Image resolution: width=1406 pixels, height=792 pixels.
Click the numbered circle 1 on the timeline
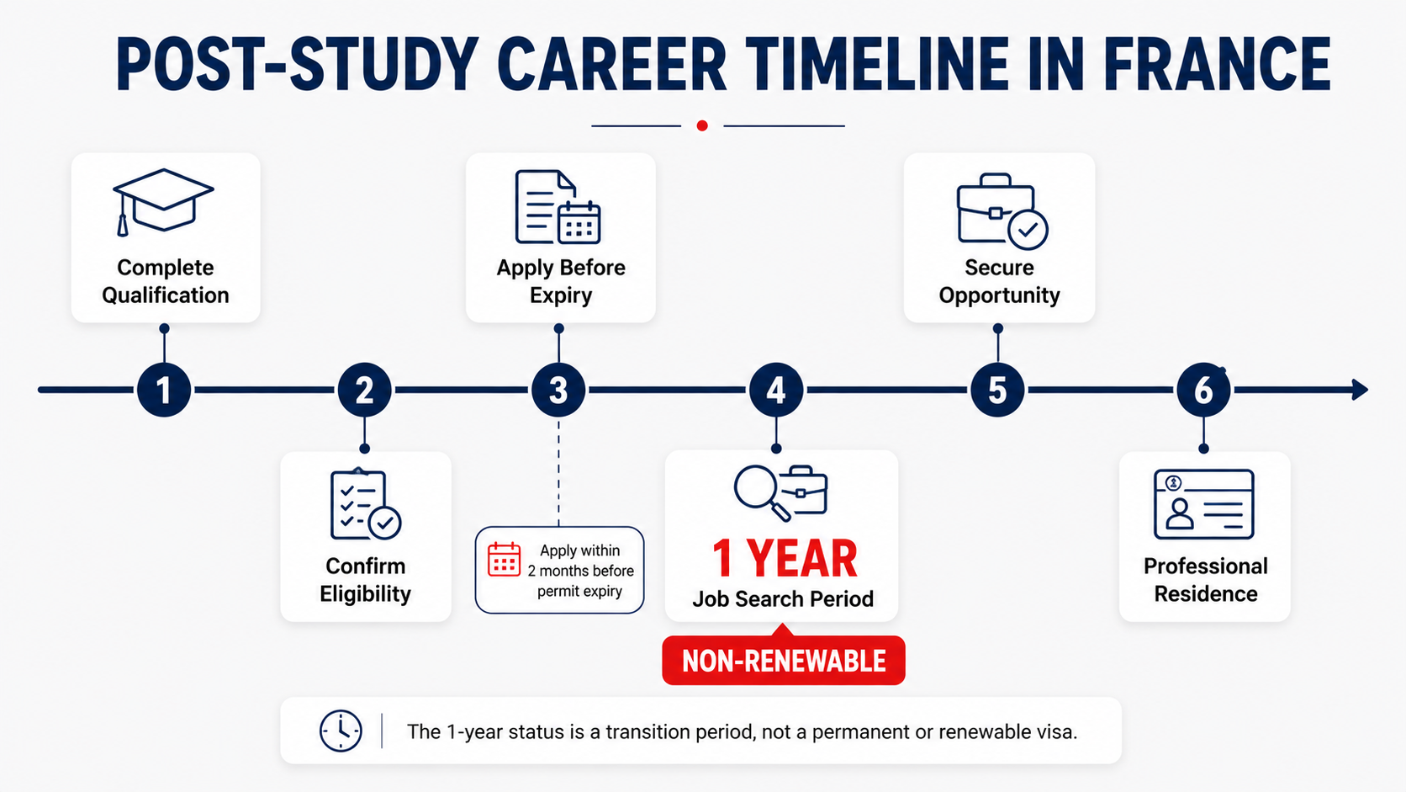click(164, 390)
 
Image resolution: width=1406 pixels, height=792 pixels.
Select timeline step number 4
click(776, 390)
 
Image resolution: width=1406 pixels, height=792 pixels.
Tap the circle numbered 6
click(1203, 390)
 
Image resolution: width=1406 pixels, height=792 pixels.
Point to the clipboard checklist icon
click(365, 504)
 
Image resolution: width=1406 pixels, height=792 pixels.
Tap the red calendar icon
click(504, 559)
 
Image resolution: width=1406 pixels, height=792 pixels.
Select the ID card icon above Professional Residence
click(1204, 504)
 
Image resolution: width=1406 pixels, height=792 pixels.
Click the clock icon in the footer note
click(341, 731)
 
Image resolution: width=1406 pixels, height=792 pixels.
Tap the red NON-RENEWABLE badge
click(784, 660)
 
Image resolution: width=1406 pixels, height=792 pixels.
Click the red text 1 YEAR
click(785, 558)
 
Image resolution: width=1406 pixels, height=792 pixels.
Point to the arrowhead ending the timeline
click(1360, 390)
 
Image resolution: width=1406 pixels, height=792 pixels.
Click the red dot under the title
click(702, 125)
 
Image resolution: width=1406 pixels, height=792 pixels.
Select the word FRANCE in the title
click(1217, 65)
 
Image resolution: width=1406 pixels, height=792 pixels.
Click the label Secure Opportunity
click(999, 281)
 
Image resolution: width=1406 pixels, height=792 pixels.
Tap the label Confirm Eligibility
click(365, 580)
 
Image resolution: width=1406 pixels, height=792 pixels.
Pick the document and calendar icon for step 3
click(558, 207)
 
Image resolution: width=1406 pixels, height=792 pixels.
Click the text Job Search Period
click(783, 598)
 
